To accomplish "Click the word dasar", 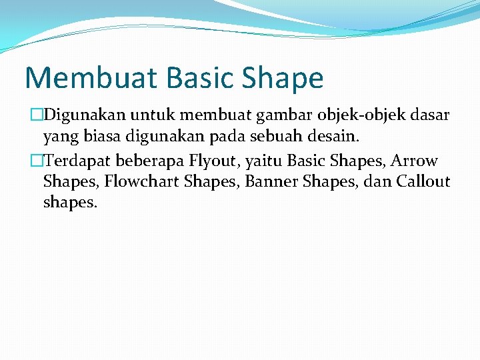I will (431, 116).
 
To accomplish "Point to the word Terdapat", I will (79, 161).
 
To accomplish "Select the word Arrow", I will (415, 161).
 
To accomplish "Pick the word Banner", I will (271, 181).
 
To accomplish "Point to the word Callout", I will (423, 181).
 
